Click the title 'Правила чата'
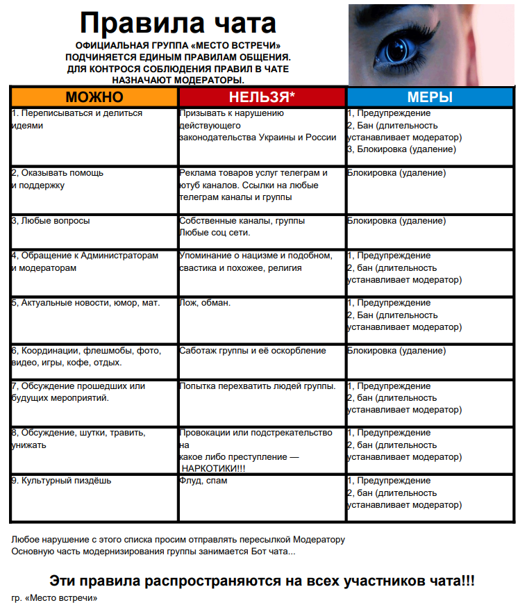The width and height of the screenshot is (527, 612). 178,23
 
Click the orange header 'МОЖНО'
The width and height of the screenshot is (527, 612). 94,97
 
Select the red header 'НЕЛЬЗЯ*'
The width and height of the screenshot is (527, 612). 262,97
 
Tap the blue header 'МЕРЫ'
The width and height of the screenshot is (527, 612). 430,97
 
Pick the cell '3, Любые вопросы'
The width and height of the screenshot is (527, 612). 51,221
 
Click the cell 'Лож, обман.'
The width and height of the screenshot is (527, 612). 205,303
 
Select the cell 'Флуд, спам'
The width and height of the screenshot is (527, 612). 203,481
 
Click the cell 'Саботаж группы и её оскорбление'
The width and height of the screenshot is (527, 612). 253,350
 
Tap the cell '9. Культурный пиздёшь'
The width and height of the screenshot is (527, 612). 61,481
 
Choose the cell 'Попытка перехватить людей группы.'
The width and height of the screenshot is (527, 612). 258,386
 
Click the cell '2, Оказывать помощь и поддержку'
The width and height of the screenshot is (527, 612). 58,179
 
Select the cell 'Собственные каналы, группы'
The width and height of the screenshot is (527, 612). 242,221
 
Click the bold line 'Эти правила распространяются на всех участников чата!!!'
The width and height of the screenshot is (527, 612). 262,581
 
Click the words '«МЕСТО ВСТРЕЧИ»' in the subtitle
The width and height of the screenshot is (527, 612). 230,45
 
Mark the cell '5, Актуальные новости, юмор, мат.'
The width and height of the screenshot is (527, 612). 85,303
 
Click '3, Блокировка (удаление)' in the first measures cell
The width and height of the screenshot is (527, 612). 401,149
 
